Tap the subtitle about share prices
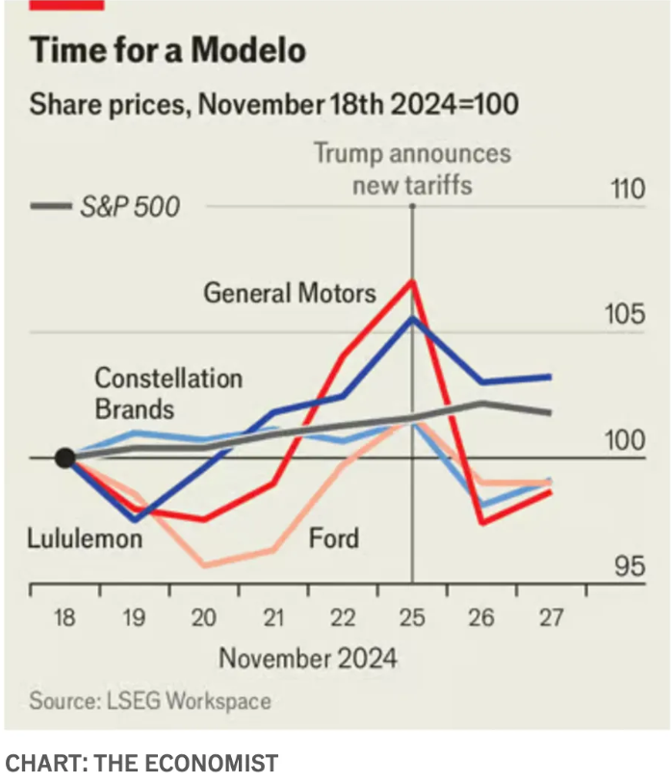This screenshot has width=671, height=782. [274, 103]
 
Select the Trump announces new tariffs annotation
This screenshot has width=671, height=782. [412, 169]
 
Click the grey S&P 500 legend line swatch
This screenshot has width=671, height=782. [51, 206]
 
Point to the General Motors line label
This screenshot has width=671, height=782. [290, 292]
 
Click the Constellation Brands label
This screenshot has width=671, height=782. [168, 393]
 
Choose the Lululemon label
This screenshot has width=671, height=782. [85, 537]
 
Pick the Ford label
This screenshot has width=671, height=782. [333, 537]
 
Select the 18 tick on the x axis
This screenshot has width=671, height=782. [65, 617]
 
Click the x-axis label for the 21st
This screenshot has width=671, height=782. [272, 617]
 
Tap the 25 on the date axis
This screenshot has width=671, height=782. [412, 617]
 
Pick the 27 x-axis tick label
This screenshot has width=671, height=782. [551, 617]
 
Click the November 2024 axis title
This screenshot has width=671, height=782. [307, 659]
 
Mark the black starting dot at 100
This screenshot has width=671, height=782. [65, 458]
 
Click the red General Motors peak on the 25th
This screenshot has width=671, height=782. [412, 281]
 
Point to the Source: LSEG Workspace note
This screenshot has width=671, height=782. [149, 700]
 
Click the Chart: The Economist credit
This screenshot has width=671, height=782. [142, 763]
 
